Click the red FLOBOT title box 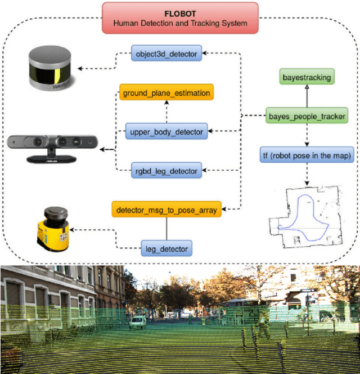180,17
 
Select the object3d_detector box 166,54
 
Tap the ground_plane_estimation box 166,93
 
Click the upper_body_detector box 166,132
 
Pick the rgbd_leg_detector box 166,170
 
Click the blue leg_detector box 166,247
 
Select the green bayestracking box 306,78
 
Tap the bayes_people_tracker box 306,117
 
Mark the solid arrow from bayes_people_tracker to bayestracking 306,97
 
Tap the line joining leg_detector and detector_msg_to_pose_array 166,229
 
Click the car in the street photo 137,322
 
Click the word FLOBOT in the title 180,12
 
